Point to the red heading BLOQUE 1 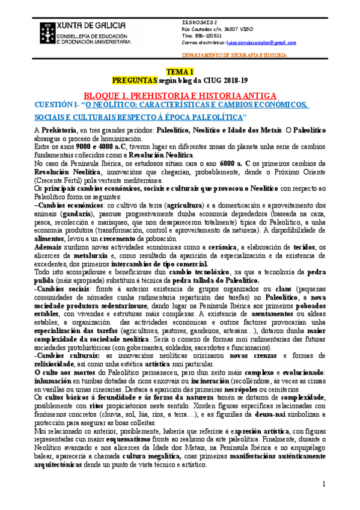click(x=180, y=95)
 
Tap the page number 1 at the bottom click(x=323, y=483)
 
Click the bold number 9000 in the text click(x=76, y=146)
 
